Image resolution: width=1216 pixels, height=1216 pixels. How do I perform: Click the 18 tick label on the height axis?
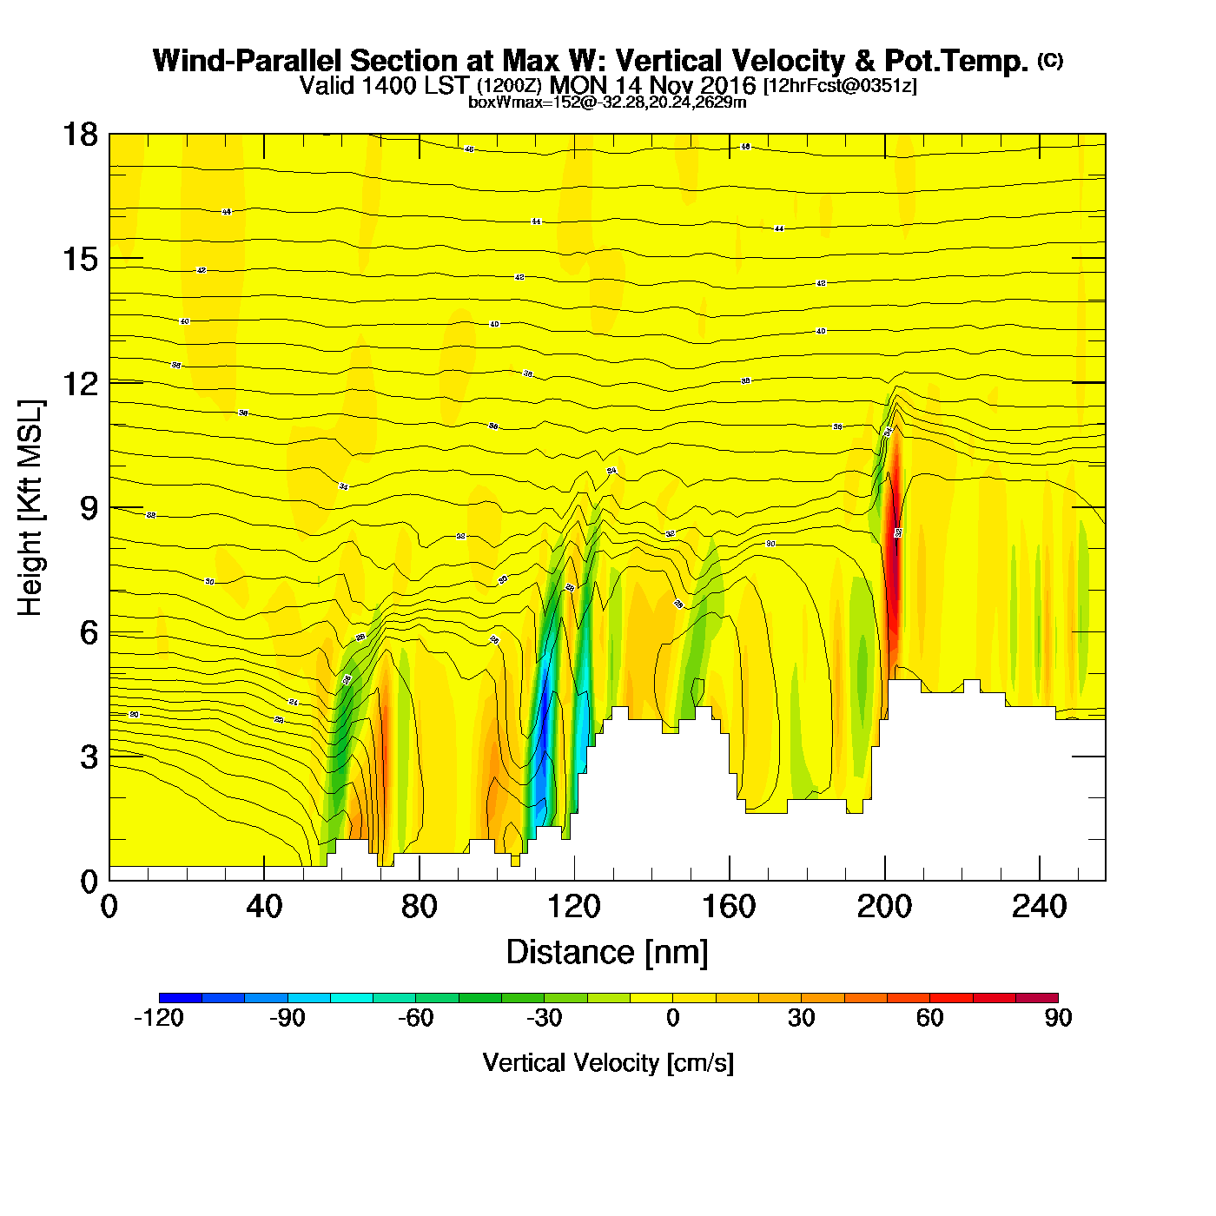tap(79, 135)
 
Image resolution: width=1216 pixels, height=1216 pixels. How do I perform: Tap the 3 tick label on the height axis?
tap(89, 757)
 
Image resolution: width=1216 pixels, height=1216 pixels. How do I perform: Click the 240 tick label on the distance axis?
tap(1039, 907)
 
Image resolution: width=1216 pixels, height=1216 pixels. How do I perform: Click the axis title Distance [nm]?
tap(607, 953)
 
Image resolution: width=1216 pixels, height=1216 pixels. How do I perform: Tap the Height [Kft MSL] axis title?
tap(30, 508)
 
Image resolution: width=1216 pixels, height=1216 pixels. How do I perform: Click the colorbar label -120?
tap(159, 1018)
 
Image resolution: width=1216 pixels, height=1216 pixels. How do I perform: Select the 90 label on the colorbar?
tap(1058, 1018)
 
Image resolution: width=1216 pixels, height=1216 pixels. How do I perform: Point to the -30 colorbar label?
tap(545, 1018)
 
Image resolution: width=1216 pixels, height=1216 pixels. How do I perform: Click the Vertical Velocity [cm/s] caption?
tap(608, 1062)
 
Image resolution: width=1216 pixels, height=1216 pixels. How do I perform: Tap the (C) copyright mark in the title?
tap(1050, 60)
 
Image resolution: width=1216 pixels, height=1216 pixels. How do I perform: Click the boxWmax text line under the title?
tap(607, 102)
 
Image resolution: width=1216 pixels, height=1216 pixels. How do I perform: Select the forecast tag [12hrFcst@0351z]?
tap(840, 86)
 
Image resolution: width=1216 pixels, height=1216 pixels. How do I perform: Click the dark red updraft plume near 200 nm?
tap(892, 556)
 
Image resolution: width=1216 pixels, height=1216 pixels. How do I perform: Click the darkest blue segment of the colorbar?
tap(181, 998)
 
